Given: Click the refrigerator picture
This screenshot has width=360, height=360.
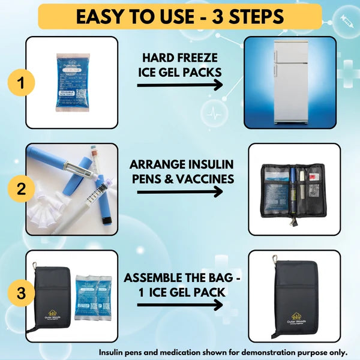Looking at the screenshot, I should (x=289, y=82).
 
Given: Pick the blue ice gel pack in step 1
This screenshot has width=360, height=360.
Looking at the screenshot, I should (x=76, y=82).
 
